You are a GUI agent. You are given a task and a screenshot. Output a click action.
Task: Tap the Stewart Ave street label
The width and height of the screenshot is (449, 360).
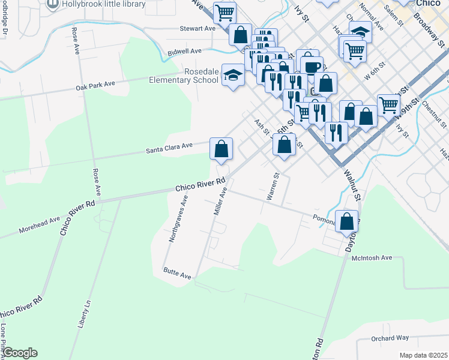(x=197, y=28)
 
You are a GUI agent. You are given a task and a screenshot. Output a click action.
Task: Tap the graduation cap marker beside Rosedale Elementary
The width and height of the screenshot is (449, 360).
(x=232, y=75)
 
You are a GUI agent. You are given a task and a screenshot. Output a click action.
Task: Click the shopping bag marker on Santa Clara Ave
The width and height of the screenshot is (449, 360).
(x=221, y=149)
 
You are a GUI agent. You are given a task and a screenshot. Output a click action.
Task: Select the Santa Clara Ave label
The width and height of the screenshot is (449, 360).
(x=169, y=145)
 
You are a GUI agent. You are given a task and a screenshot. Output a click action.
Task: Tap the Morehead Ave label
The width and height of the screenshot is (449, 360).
(x=39, y=224)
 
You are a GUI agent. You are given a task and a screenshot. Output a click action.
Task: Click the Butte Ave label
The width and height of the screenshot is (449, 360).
(x=177, y=273)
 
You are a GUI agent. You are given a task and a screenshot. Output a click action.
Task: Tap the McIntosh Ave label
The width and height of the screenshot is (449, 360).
(x=372, y=258)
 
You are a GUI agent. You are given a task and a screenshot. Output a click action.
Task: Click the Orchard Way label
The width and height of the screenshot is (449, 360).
(x=390, y=338)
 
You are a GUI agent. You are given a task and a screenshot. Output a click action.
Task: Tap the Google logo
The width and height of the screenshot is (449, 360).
(x=19, y=353)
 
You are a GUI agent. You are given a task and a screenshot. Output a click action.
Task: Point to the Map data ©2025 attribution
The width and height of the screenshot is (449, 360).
(x=423, y=355)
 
